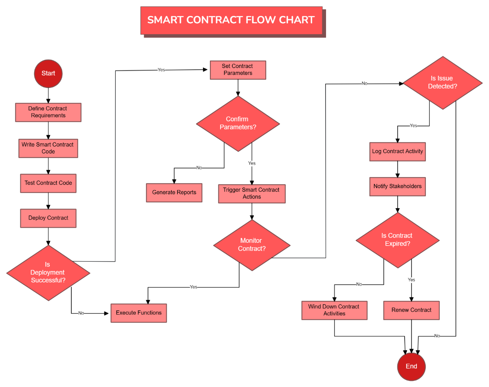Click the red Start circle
pos(48,73)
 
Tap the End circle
pos(411,366)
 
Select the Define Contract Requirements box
pos(48,112)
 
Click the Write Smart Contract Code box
pos(48,148)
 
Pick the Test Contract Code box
pos(48,183)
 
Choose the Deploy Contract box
pos(48,218)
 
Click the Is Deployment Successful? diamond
pos(48,273)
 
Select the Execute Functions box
pos(139,313)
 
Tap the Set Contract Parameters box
pos(238,70)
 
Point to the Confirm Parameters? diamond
pos(238,123)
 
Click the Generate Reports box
pos(174,192)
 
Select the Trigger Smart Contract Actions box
pos(251,193)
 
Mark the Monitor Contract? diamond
pos(251,245)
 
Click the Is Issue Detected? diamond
pos(442,82)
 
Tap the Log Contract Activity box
pos(397,152)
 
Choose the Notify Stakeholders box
pos(397,187)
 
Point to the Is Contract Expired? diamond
pos(397,240)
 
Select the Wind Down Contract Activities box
pos(334,310)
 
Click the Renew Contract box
pos(411,310)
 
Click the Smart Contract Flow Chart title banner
pos(231,20)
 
